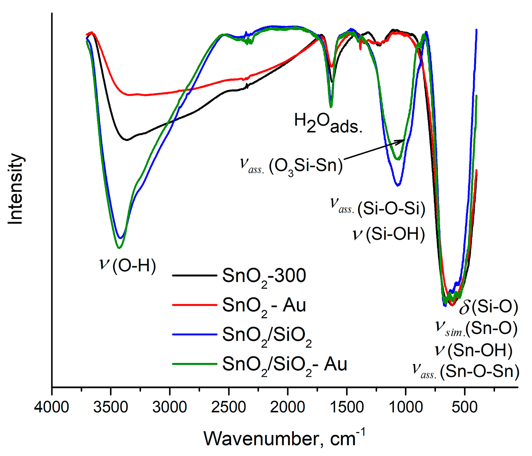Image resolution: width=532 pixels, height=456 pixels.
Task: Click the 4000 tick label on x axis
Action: (x=52, y=408)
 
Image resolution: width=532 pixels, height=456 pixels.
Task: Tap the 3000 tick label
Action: (x=170, y=408)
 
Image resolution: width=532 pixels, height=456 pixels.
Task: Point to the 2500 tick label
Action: (x=229, y=408)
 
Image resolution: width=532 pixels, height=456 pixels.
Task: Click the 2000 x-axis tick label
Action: (x=288, y=408)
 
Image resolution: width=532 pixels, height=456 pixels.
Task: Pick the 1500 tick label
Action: (x=347, y=408)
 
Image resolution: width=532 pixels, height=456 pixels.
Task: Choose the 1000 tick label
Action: (x=406, y=408)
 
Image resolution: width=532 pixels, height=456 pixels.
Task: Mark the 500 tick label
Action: (x=465, y=408)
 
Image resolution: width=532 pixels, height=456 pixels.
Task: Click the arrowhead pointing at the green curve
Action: (x=402, y=141)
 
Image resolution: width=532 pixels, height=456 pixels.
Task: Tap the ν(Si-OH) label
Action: (x=389, y=234)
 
